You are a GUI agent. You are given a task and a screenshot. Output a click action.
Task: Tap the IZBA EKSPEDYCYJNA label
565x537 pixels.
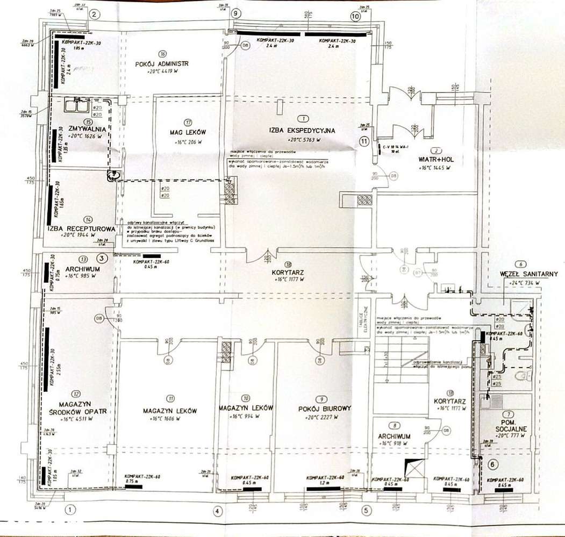303,130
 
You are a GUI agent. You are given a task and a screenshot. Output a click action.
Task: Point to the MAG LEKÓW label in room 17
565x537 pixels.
188,132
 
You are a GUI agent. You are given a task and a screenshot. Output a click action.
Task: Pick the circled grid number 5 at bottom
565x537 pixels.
366,510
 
